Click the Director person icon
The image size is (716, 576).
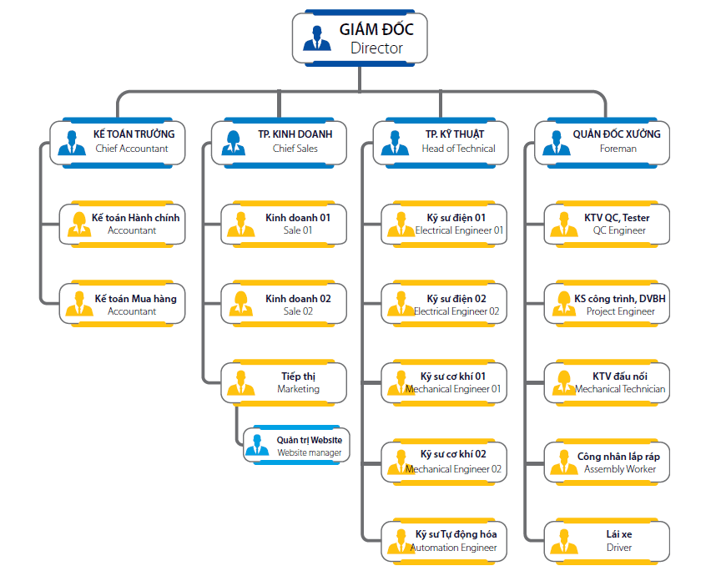[x=317, y=38]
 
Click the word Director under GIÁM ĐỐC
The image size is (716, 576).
[x=376, y=48]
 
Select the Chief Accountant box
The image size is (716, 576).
[x=118, y=143]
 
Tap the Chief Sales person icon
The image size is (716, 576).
[x=234, y=143]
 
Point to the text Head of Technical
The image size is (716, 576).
[x=458, y=149]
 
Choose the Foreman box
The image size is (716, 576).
[x=602, y=143]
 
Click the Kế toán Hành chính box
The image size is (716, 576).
[x=123, y=225]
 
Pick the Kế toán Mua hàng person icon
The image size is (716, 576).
[x=79, y=304]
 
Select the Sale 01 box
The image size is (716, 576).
[x=284, y=225]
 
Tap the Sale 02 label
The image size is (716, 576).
[x=298, y=311]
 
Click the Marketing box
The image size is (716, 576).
[x=284, y=383]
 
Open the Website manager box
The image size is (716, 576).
[x=297, y=445]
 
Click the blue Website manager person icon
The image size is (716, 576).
[x=257, y=444]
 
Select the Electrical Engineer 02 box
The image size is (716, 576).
[x=444, y=304]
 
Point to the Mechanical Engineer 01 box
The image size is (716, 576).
[x=444, y=383]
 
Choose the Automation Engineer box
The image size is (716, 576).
[x=444, y=542]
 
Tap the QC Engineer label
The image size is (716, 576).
[x=619, y=230]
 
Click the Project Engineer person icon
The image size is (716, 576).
[x=564, y=304]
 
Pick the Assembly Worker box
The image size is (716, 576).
[x=607, y=462]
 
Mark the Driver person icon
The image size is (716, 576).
[x=564, y=542]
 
